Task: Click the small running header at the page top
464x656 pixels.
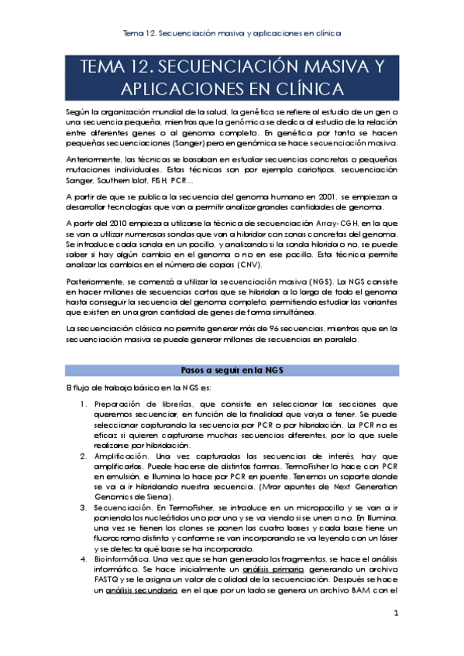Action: (x=232, y=34)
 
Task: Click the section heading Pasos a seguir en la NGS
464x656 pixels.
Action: (x=232, y=370)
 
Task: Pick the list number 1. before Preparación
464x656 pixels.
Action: (x=84, y=403)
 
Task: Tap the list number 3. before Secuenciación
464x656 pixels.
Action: (x=84, y=507)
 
